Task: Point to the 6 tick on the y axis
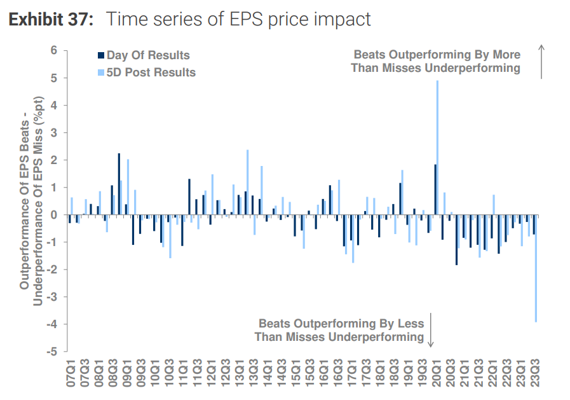55,51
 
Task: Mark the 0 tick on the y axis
55,215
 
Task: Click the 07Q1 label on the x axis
71,375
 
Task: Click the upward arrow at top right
541,62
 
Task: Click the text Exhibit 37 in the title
51,19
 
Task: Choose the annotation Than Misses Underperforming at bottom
339,337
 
